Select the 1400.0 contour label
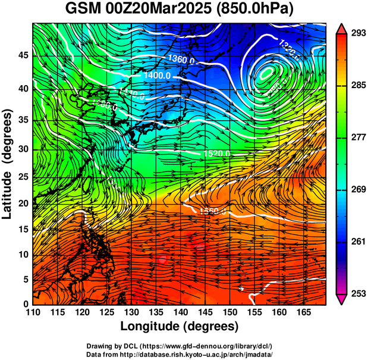(158, 76)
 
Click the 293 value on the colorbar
(357, 33)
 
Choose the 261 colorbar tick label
(357, 242)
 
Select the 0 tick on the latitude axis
(26, 304)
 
